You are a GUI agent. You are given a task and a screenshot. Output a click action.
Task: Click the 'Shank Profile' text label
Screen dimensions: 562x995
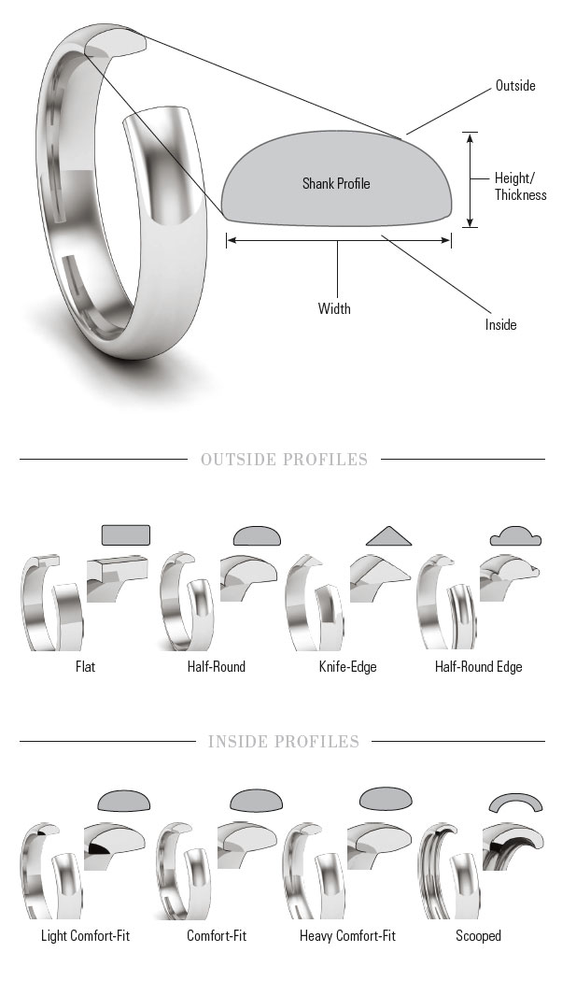click(x=336, y=184)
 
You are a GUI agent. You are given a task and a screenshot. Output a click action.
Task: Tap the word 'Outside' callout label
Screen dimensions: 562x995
click(x=515, y=86)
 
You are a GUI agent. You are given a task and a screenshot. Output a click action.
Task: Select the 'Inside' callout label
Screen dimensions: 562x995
click(x=501, y=325)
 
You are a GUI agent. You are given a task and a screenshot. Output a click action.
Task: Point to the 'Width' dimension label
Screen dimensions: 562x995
click(x=334, y=309)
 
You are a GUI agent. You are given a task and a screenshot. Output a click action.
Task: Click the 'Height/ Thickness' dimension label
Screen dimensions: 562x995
click(x=520, y=187)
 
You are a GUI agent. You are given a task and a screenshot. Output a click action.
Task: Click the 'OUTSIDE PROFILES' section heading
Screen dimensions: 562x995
click(x=284, y=460)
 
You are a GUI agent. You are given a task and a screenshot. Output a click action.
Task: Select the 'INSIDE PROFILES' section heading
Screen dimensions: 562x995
click(x=284, y=742)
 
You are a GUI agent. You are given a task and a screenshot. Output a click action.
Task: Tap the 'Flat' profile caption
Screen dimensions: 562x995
click(x=86, y=667)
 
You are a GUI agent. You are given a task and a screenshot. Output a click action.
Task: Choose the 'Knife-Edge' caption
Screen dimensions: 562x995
click(x=347, y=667)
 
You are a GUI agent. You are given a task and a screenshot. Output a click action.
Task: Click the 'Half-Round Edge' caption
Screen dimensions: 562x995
click(x=479, y=667)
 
